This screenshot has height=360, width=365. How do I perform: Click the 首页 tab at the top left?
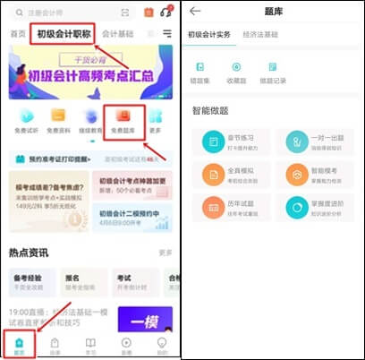tap(17, 34)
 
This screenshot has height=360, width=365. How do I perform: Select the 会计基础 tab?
tap(123, 34)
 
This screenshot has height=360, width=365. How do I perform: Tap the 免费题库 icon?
tap(123, 121)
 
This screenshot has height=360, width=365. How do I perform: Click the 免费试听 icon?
tap(24, 121)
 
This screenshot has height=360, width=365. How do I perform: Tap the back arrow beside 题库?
tap(195, 11)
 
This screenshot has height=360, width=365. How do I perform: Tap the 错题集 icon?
tap(201, 72)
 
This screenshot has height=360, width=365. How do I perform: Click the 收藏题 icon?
tap(236, 72)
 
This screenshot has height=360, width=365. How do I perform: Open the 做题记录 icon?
tap(272, 72)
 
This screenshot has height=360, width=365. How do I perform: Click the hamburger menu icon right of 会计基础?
tap(168, 34)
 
